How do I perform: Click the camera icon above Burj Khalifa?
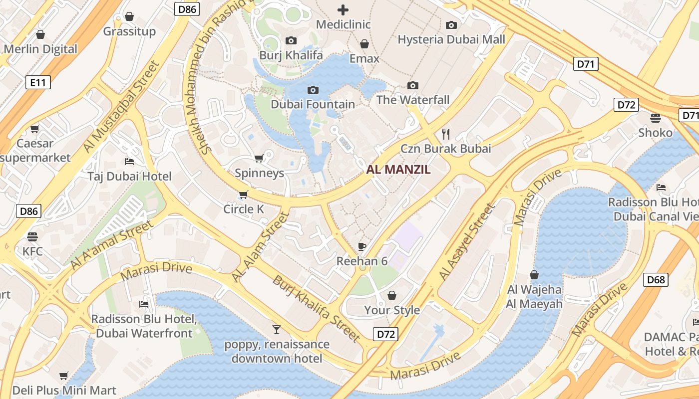click(291, 40)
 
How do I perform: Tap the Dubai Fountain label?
click(313, 104)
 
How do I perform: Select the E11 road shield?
click(38, 82)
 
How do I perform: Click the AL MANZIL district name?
click(398, 170)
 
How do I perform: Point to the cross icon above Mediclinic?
click(343, 9)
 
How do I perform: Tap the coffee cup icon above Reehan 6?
click(362, 246)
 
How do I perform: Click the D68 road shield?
click(656, 280)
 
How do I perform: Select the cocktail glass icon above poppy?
click(276, 329)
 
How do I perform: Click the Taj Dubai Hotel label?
click(129, 176)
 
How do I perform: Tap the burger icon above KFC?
click(32, 236)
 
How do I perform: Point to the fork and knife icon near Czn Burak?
click(446, 134)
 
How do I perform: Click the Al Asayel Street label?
click(466, 241)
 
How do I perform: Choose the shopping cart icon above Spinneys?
click(259, 159)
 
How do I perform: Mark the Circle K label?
click(244, 209)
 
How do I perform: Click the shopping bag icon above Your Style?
click(392, 295)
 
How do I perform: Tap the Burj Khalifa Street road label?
click(316, 309)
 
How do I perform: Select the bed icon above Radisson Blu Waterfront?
click(144, 304)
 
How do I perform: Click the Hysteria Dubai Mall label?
click(451, 39)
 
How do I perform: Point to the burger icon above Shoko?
click(656, 118)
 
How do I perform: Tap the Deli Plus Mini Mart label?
click(64, 390)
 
